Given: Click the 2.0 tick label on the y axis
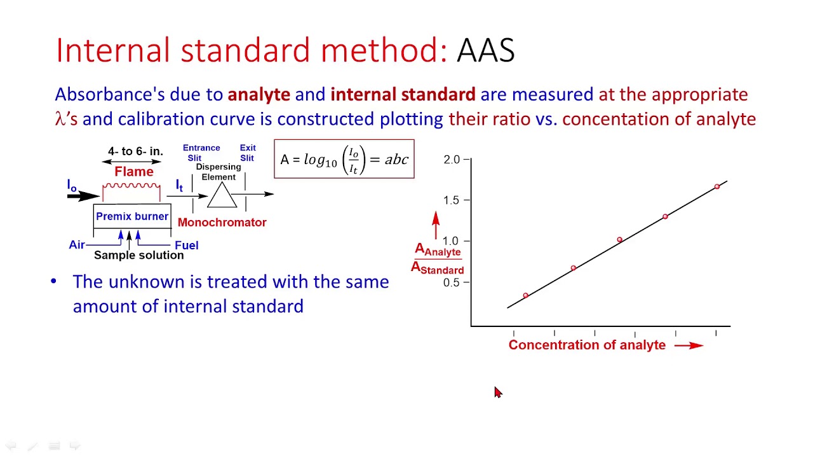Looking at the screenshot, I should coord(452,160).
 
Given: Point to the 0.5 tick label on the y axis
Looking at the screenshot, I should coord(452,282).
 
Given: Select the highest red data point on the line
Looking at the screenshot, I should coord(717,186).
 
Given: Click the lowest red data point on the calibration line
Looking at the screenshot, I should coord(525,295).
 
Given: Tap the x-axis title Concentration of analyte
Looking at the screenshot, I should coord(587,345).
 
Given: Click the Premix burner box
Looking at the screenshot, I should coord(132,217).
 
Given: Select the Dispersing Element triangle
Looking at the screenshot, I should coord(222,196).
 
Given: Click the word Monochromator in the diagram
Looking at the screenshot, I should coord(222,223).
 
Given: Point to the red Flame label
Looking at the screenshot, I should coord(134,172).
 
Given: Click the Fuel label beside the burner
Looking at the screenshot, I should coord(186,246).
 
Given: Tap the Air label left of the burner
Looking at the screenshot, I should coord(77,245).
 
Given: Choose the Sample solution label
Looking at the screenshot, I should coord(138,255).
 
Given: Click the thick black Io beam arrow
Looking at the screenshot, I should coord(83,196).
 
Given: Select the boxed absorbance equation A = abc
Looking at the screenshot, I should coord(344,159).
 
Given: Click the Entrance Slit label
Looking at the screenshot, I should coord(201,153).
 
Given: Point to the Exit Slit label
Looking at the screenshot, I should coord(247,153).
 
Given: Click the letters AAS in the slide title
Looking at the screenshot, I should coord(485,50).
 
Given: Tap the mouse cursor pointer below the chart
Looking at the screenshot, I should coord(497,392).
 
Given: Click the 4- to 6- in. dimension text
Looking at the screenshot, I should coord(135,151).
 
